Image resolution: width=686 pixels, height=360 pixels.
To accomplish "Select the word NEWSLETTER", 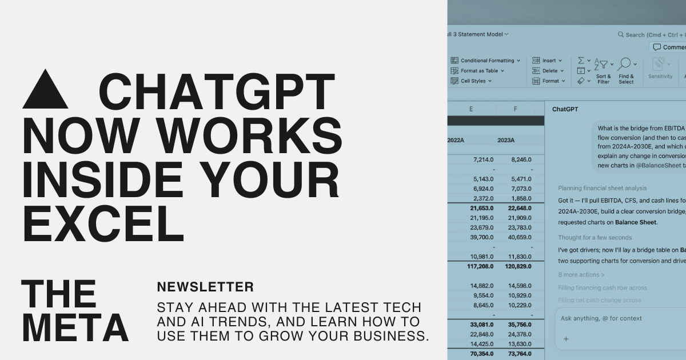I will pos(205,287).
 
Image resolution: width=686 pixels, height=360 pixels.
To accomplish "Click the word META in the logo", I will pos(75,328).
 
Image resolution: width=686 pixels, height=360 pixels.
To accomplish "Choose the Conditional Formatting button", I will pos(486,61).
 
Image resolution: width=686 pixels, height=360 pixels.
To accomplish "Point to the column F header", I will pos(516,109).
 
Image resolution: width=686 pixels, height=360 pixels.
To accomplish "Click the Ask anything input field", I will pos(617,318).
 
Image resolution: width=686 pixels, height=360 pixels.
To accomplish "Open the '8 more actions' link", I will pos(581,275).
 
